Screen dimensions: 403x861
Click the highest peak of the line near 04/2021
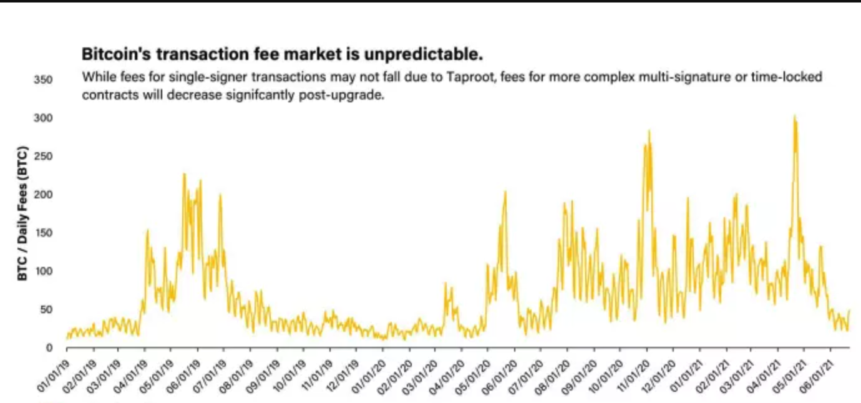tap(794, 116)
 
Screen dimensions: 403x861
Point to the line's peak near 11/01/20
tap(649, 130)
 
